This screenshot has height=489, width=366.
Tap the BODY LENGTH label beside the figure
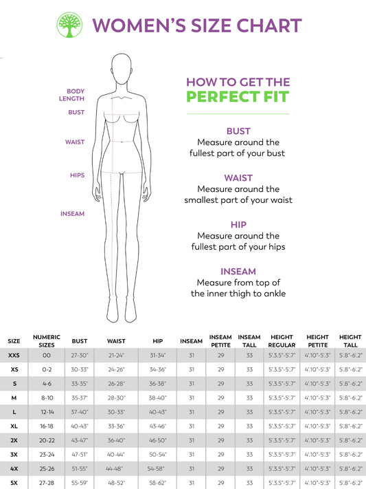click(76, 95)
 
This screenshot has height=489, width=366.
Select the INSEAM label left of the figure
click(72, 214)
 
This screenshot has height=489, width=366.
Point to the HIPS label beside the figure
click(77, 175)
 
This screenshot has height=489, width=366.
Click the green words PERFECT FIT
click(238, 96)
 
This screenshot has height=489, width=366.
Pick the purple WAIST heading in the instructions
click(238, 177)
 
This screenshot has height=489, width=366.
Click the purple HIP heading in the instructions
click(238, 224)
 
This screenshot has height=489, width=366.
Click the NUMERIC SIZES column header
click(47, 340)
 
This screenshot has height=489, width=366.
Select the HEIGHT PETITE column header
click(317, 340)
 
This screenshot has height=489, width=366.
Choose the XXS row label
click(14, 356)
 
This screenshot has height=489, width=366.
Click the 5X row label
click(14, 483)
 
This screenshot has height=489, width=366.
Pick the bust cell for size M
click(80, 398)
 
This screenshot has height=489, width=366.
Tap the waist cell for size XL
click(116, 426)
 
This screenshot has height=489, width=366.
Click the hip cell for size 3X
click(157, 455)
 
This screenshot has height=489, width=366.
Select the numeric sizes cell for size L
click(47, 412)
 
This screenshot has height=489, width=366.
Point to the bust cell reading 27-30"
click(80, 356)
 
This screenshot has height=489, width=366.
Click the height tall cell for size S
click(350, 384)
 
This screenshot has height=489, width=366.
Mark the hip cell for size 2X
click(157, 440)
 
